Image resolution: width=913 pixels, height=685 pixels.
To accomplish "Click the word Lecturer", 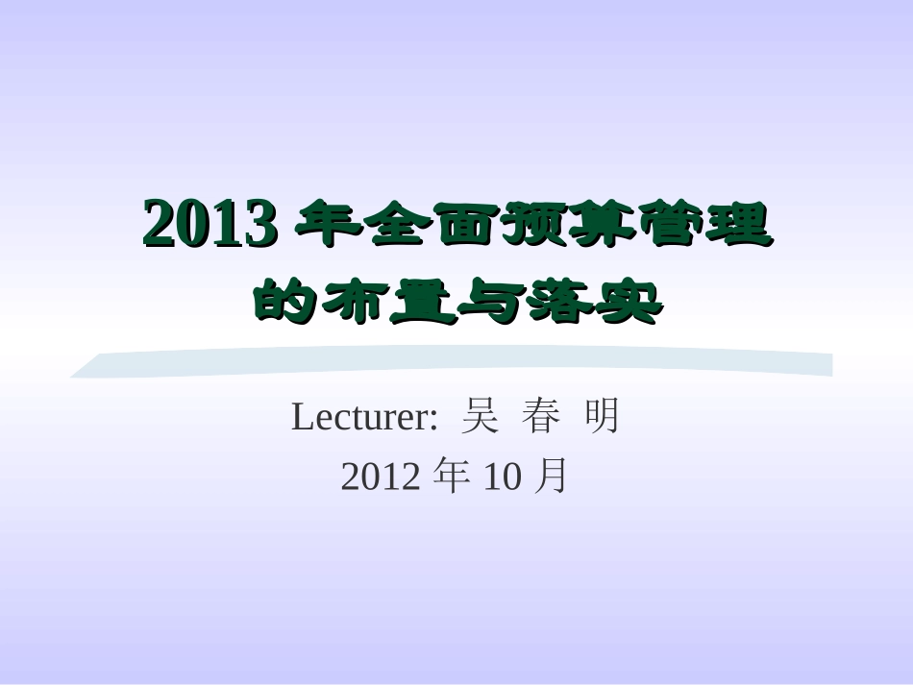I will [x=363, y=418].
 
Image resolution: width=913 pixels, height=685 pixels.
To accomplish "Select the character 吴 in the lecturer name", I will [x=479, y=418].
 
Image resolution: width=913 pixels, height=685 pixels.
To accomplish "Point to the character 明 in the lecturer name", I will [x=602, y=418].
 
